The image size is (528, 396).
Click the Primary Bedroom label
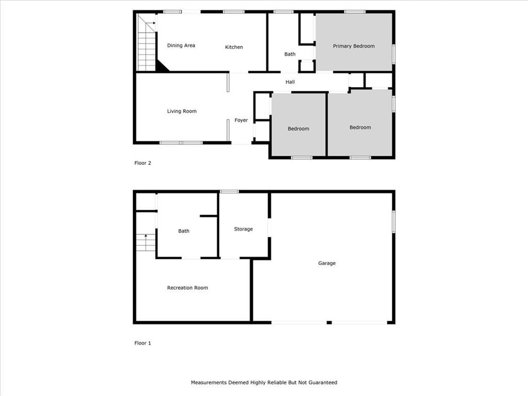pos(354,46)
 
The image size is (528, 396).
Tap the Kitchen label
pos(234,47)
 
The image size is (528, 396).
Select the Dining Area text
pos(181,45)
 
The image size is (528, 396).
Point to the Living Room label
pos(181,111)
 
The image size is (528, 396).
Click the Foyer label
pos(241,120)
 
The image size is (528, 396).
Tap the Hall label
pos(290,82)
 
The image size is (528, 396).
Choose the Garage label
pos(326,263)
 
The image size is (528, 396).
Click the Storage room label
pos(243,229)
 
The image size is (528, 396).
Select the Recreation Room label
pos(187,288)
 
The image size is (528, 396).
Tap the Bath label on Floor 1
pos(184,231)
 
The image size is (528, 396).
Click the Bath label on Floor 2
pos(290,54)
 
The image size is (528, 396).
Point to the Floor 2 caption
pos(142,163)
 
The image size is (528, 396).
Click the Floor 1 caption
pos(142,343)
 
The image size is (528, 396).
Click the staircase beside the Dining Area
pos(146,43)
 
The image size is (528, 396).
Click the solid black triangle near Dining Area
pos(161,65)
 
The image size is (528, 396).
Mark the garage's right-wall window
pos(393,222)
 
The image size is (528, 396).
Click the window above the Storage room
pos(229,192)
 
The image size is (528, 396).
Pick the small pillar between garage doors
pos(329,323)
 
